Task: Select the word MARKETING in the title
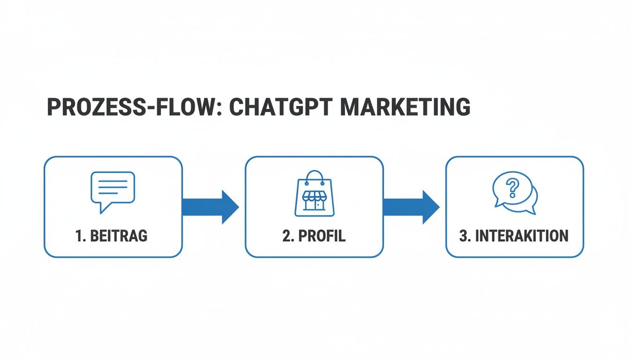(x=405, y=107)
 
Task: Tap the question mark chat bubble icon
(x=514, y=192)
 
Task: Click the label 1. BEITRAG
(x=112, y=236)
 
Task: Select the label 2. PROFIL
(x=314, y=236)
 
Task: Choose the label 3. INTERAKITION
(x=514, y=236)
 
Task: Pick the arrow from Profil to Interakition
(x=411, y=207)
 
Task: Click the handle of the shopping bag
(x=315, y=176)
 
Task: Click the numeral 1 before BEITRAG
(x=78, y=236)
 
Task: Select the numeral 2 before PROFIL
(x=286, y=236)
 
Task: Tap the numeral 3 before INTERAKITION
(x=463, y=236)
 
